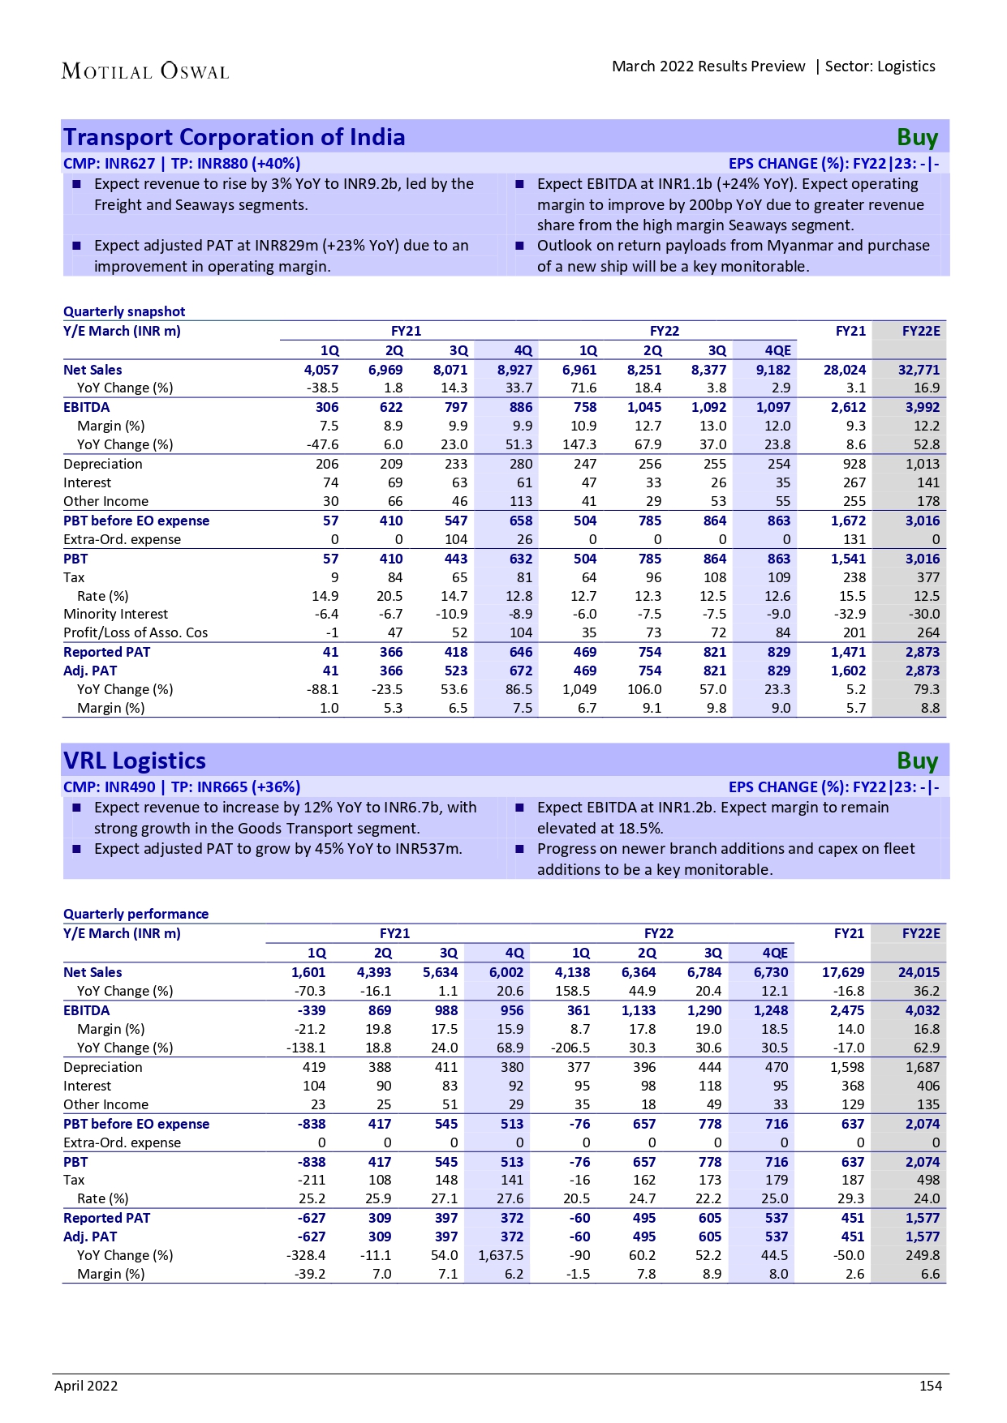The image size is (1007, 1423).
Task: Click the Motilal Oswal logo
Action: tap(145, 71)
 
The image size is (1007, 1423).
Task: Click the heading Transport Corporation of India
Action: tap(234, 137)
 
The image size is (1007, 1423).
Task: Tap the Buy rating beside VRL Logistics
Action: tap(917, 761)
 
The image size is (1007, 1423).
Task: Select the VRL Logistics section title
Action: tap(135, 761)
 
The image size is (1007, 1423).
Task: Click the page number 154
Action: tap(930, 1386)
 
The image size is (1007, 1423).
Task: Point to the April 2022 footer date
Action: tap(86, 1386)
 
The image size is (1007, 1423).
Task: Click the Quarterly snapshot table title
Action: tap(124, 311)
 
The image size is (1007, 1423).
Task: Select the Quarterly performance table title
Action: tap(136, 914)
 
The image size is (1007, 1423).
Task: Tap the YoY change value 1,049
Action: tap(579, 689)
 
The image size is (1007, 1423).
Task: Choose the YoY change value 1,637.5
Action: tap(501, 1255)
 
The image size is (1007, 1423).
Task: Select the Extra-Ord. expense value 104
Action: tap(455, 539)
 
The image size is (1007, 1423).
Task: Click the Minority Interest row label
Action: tap(115, 614)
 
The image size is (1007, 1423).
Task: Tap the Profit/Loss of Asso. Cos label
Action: tap(136, 632)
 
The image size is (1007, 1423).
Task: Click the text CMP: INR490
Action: tap(109, 787)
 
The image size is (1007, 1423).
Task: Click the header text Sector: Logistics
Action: tap(880, 66)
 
